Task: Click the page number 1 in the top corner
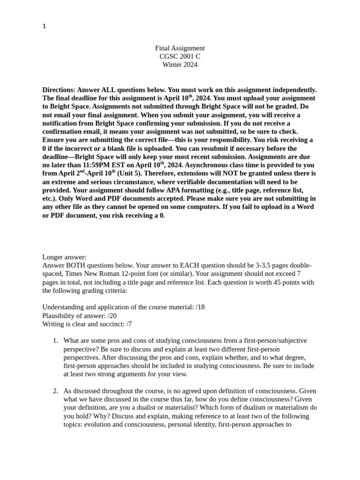(44, 26)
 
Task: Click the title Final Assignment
(180, 48)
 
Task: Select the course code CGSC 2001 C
(180, 57)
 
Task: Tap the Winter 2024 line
(180, 65)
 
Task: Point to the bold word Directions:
(59, 90)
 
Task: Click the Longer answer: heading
(64, 257)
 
